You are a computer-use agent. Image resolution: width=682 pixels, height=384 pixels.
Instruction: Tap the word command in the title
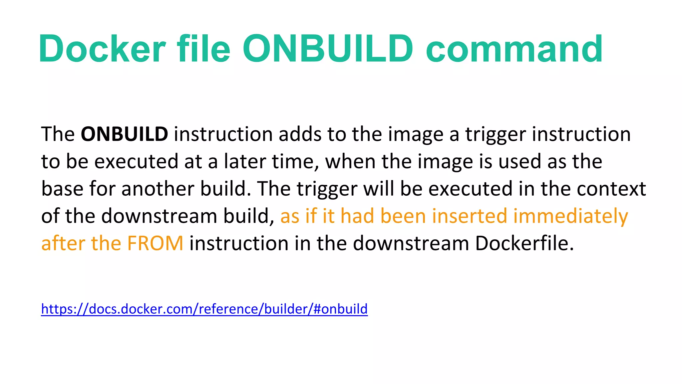514,49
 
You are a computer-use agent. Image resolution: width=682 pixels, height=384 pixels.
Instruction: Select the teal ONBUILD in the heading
328,49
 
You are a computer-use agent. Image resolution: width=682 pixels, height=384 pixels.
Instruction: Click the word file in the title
203,49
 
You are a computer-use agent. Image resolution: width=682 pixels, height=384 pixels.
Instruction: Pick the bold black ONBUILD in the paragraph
124,134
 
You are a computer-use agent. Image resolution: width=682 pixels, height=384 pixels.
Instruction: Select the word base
62,189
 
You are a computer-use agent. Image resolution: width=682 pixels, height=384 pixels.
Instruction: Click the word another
158,189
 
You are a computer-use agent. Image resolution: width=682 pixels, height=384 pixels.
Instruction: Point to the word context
611,189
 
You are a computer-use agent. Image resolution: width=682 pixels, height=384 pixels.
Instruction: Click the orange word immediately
570,216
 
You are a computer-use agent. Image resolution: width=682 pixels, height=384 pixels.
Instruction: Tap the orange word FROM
155,243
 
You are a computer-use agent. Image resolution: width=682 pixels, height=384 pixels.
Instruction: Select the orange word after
63,243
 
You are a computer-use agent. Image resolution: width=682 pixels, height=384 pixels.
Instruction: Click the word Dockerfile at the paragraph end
524,243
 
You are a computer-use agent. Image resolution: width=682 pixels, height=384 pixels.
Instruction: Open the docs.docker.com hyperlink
204,309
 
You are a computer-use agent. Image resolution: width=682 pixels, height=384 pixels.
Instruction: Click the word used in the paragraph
519,161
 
